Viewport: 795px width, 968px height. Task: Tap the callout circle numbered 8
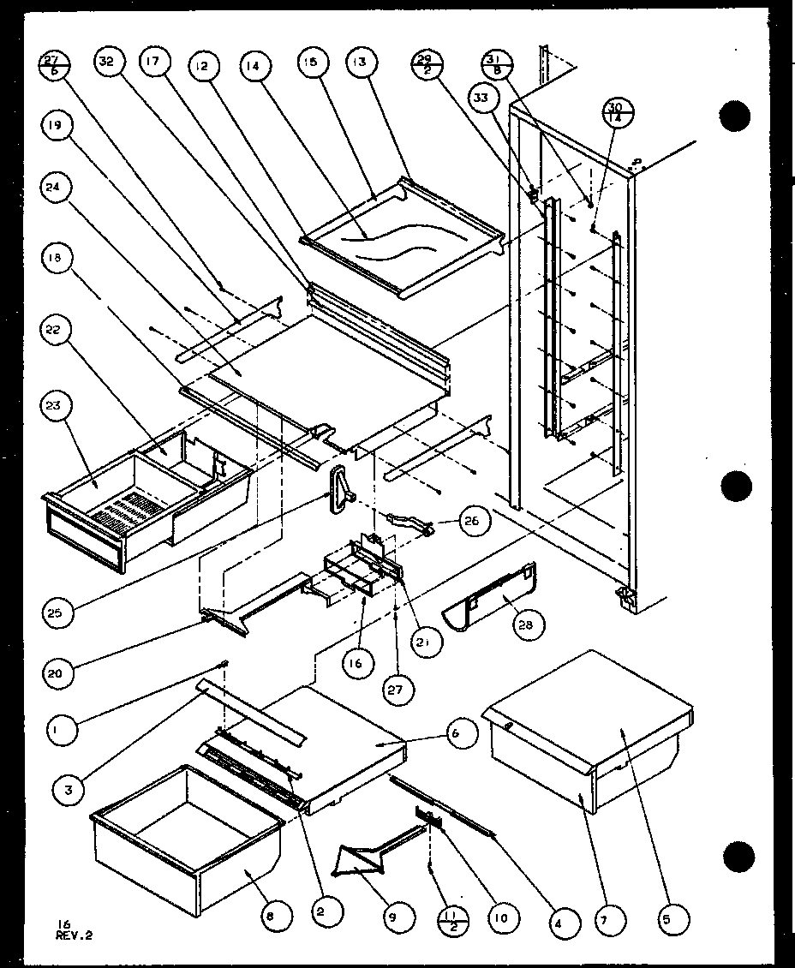[x=271, y=917]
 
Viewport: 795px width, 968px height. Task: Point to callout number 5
[x=671, y=921]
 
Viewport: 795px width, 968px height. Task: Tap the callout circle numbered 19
[x=54, y=128]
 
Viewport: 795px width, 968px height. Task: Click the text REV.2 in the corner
[x=74, y=935]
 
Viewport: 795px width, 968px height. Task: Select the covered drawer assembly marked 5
[x=591, y=728]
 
